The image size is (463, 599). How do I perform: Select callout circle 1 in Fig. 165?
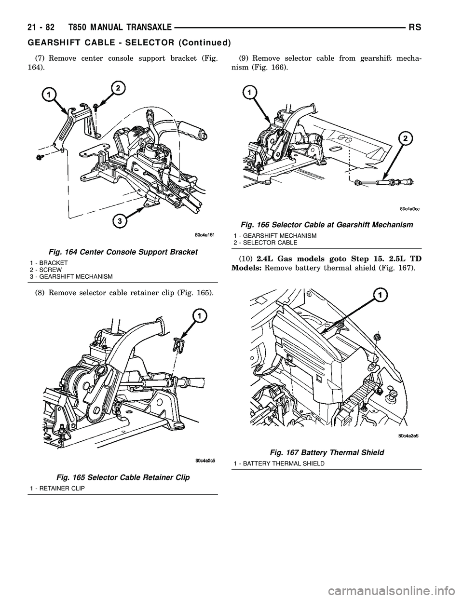click(198, 316)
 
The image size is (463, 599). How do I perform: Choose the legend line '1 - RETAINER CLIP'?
click(57, 489)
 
